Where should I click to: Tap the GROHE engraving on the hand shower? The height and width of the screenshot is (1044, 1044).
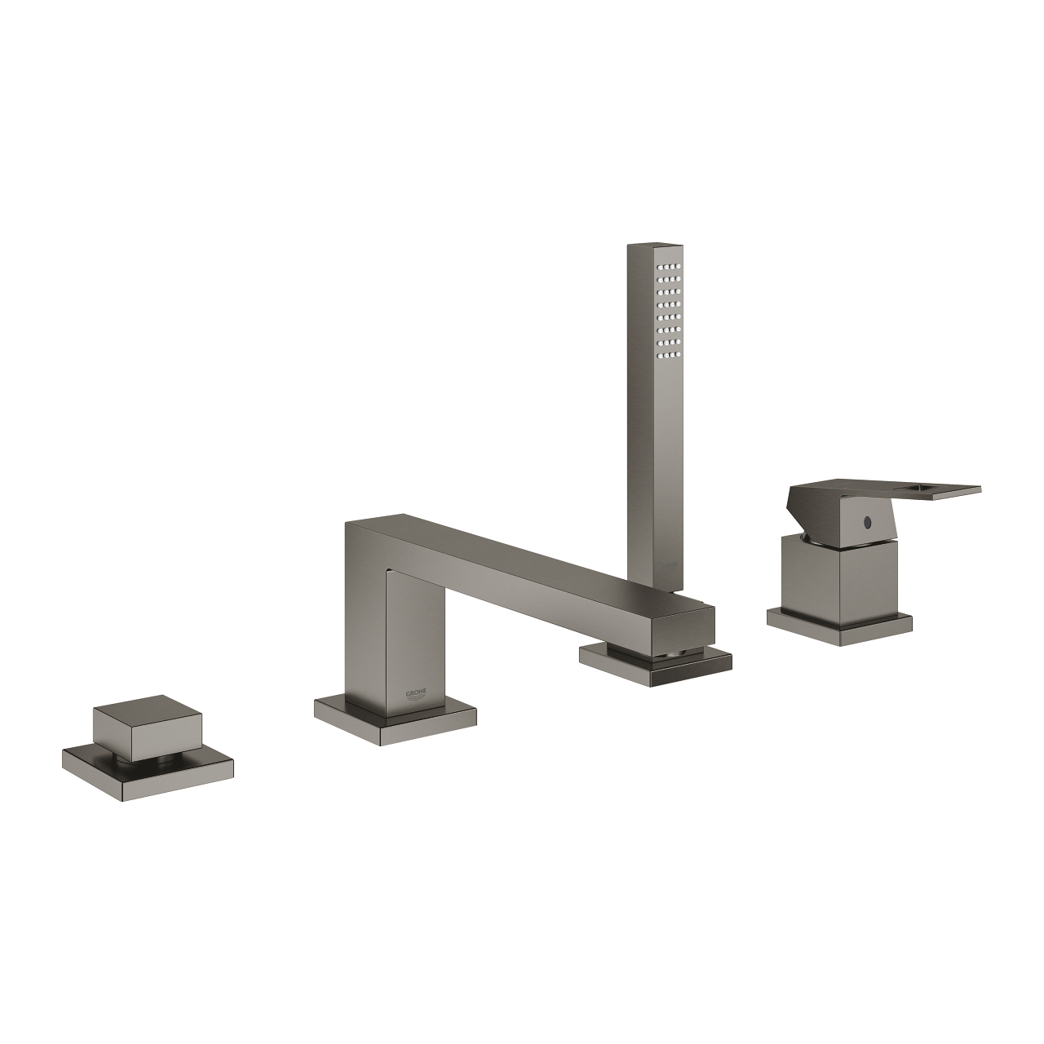tap(667, 564)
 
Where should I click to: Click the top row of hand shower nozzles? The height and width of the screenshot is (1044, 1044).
tap(672, 267)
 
